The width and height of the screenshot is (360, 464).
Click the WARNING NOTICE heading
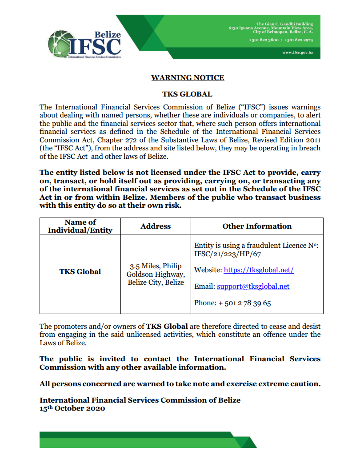[188, 78]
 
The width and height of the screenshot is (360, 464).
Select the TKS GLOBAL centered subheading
[187, 94]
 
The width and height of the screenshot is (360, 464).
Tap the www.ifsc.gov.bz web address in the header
[297, 53]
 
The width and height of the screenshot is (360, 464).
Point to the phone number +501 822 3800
[264, 40]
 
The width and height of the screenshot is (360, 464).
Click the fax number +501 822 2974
[299, 40]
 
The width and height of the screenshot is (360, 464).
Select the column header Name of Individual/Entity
[80, 226]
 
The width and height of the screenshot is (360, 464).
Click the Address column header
[156, 226]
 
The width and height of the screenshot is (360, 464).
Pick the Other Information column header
[257, 226]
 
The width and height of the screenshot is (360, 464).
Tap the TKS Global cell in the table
[80, 271]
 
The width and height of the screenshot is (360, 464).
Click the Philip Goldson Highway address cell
[156, 274]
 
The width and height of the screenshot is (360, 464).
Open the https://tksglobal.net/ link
[258, 270]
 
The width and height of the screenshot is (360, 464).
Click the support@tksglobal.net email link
[253, 286]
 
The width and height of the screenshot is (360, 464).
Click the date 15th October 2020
[72, 408]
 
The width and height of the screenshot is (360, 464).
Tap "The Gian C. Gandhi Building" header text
[284, 24]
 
